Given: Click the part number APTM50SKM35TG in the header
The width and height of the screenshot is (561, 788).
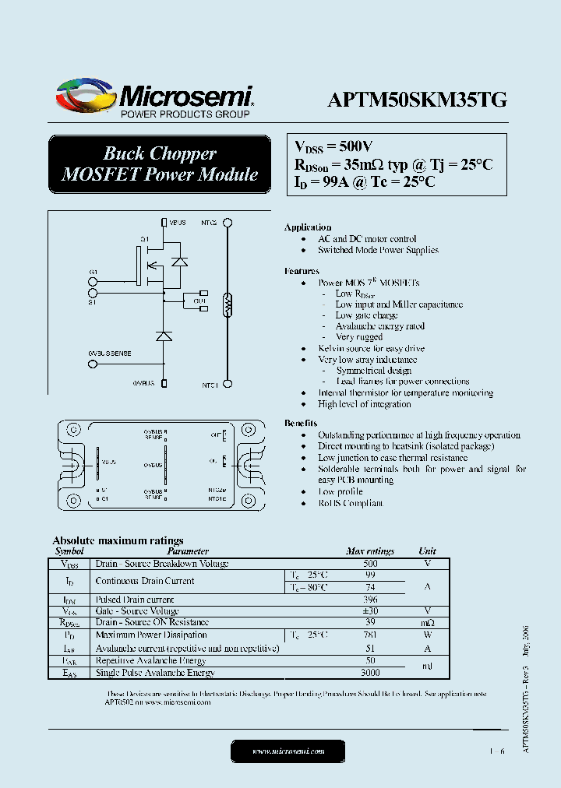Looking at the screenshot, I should (417, 99).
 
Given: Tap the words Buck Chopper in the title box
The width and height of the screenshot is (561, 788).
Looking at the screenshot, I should (160, 153).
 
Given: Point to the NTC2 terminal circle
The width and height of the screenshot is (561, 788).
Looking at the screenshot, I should (228, 223).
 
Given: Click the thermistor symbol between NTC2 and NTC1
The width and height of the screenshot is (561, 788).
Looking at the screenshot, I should (228, 304).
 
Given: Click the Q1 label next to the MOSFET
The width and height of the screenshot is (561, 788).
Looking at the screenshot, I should (144, 238).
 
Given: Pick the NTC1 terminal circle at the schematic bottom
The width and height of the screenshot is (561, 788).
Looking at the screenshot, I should (228, 384).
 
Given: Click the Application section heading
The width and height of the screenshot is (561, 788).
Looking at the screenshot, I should (308, 227).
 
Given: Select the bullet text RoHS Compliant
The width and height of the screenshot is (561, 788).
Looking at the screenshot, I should (351, 503).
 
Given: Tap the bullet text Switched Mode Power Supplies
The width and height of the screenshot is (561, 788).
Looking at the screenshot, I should (378, 250).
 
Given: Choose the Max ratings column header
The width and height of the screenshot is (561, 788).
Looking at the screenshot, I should (370, 551).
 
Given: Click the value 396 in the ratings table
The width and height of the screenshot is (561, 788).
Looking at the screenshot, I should (370, 600).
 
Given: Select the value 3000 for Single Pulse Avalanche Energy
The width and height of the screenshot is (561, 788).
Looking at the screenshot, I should (370, 673).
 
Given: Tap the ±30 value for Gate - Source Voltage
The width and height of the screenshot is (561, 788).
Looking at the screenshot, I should (370, 611).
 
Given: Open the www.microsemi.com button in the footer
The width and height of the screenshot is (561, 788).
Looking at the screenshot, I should (288, 751).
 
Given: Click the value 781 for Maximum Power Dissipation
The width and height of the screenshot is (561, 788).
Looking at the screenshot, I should (370, 635).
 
